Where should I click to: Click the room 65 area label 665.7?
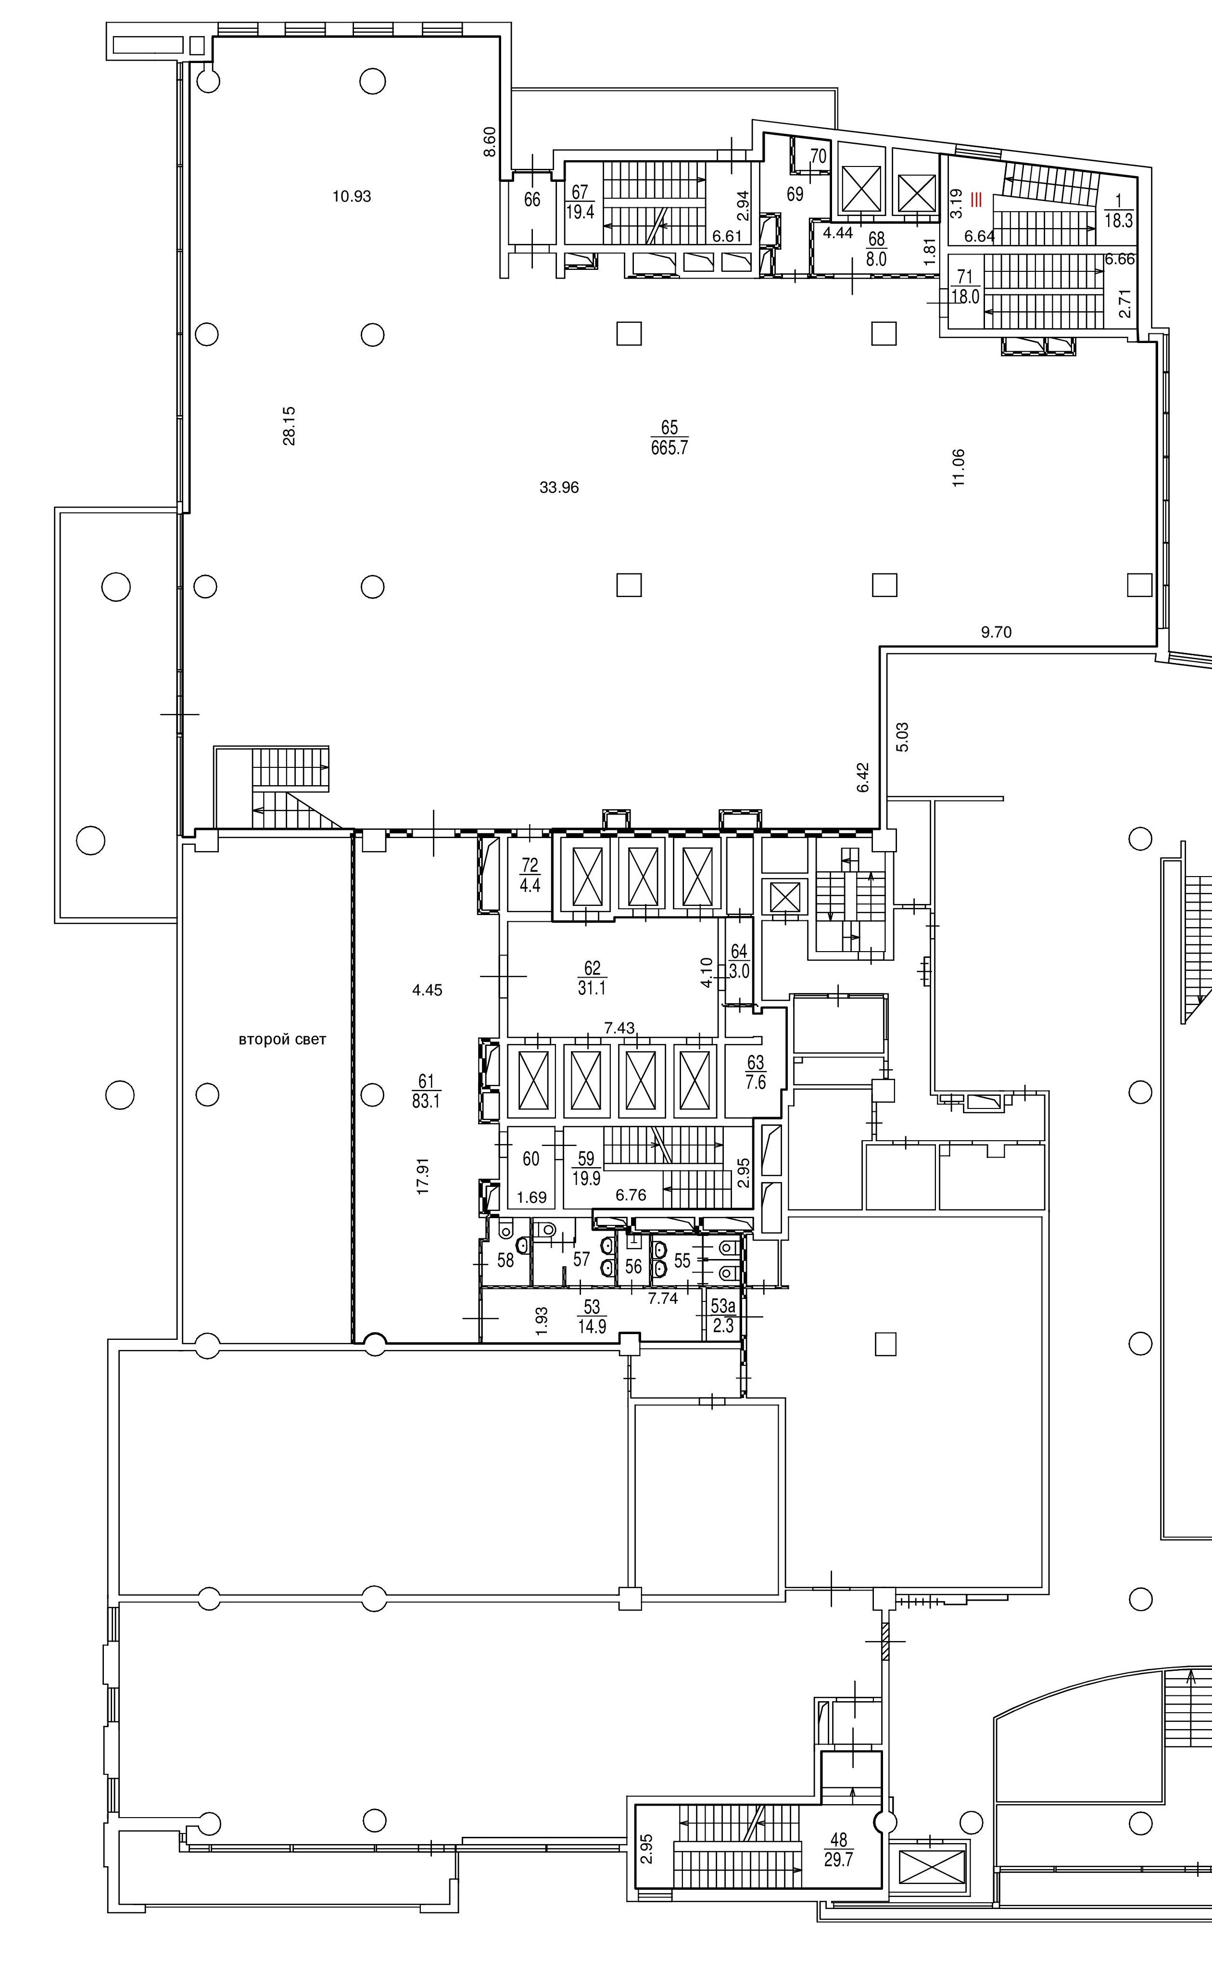point(669,447)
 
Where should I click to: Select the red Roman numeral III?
point(975,201)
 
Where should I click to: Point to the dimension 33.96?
point(559,487)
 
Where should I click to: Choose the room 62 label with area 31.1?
point(592,979)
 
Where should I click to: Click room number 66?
point(532,200)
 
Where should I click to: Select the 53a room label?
point(723,1316)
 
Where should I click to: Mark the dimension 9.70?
point(997,632)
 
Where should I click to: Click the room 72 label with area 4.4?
point(530,874)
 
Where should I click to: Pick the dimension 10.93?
point(352,196)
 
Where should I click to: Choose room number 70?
point(819,156)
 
